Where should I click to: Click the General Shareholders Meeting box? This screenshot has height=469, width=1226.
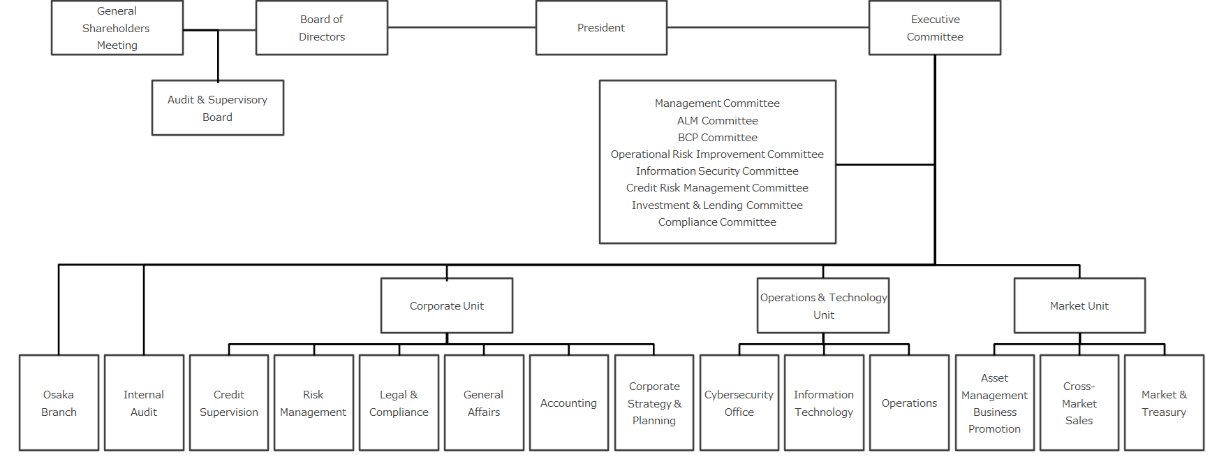pyautogui.click(x=117, y=28)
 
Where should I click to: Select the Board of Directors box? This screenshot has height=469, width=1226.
pyautogui.click(x=322, y=28)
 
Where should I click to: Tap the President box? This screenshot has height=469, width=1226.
pyautogui.click(x=601, y=28)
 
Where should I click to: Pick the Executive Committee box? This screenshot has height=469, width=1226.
pyautogui.click(x=935, y=28)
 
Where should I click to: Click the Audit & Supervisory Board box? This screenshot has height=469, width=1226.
pyautogui.click(x=218, y=108)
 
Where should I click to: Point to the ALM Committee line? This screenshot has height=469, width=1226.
pyautogui.click(x=717, y=120)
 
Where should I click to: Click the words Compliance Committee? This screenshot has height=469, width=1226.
pyautogui.click(x=717, y=222)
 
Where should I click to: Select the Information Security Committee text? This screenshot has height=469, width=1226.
pyautogui.click(x=717, y=171)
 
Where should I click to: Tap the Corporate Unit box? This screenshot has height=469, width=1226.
pyautogui.click(x=447, y=305)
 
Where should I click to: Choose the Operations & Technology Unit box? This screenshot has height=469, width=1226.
pyautogui.click(x=823, y=305)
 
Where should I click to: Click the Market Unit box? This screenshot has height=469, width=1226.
pyautogui.click(x=1079, y=305)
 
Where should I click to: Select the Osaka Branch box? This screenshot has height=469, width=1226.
pyautogui.click(x=59, y=403)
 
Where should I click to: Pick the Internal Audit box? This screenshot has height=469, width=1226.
pyautogui.click(x=144, y=403)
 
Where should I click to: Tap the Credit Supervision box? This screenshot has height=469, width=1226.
pyautogui.click(x=229, y=403)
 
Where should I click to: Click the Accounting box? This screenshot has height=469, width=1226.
pyautogui.click(x=569, y=403)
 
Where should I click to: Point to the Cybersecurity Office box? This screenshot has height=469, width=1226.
pyautogui.click(x=739, y=403)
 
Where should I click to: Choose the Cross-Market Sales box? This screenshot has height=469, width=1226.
pyautogui.click(x=1079, y=403)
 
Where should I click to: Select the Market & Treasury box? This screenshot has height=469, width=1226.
pyautogui.click(x=1164, y=403)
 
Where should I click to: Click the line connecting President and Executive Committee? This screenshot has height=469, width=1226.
pyautogui.click(x=768, y=27)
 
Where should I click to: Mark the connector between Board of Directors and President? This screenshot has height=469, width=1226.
pyautogui.click(x=461, y=27)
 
